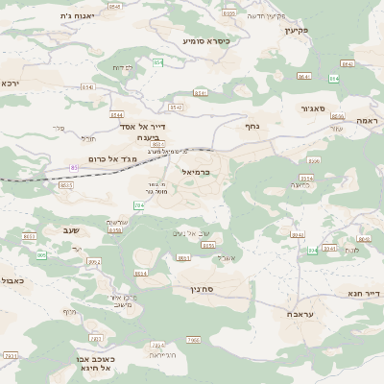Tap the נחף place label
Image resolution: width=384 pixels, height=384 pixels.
[x=252, y=125]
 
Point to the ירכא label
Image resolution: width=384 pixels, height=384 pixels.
[x=10, y=84]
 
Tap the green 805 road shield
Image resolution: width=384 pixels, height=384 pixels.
[x=41, y=255]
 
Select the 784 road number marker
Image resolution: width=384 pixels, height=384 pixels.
[x=140, y=205]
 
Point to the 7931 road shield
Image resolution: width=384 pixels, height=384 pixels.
[x=10, y=355]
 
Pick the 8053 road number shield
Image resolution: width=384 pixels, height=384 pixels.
[x=29, y=235]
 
